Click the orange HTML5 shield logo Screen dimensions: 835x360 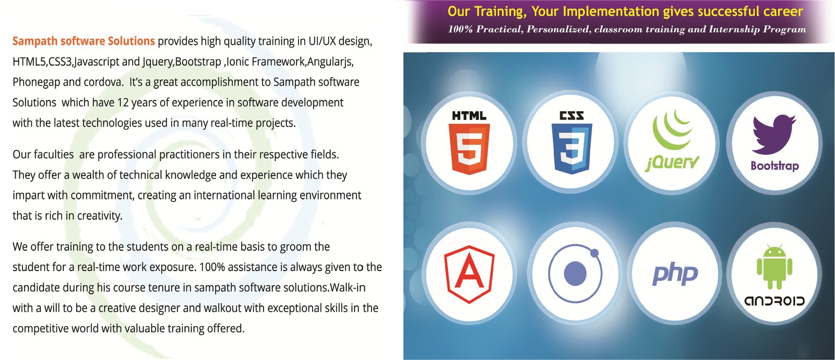click(x=469, y=149)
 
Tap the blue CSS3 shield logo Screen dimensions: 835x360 click(x=571, y=149)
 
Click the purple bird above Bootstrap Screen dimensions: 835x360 click(x=774, y=134)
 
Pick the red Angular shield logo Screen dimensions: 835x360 click(x=469, y=274)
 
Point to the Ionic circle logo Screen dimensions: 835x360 click(x=575, y=273)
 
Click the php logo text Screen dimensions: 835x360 click(x=675, y=274)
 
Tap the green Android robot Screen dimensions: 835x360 click(x=774, y=267)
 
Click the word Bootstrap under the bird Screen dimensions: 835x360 click(x=774, y=166)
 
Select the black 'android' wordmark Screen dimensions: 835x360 click(x=774, y=301)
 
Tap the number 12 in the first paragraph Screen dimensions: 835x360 click(x=123, y=102)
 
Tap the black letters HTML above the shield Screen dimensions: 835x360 click(x=469, y=116)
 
